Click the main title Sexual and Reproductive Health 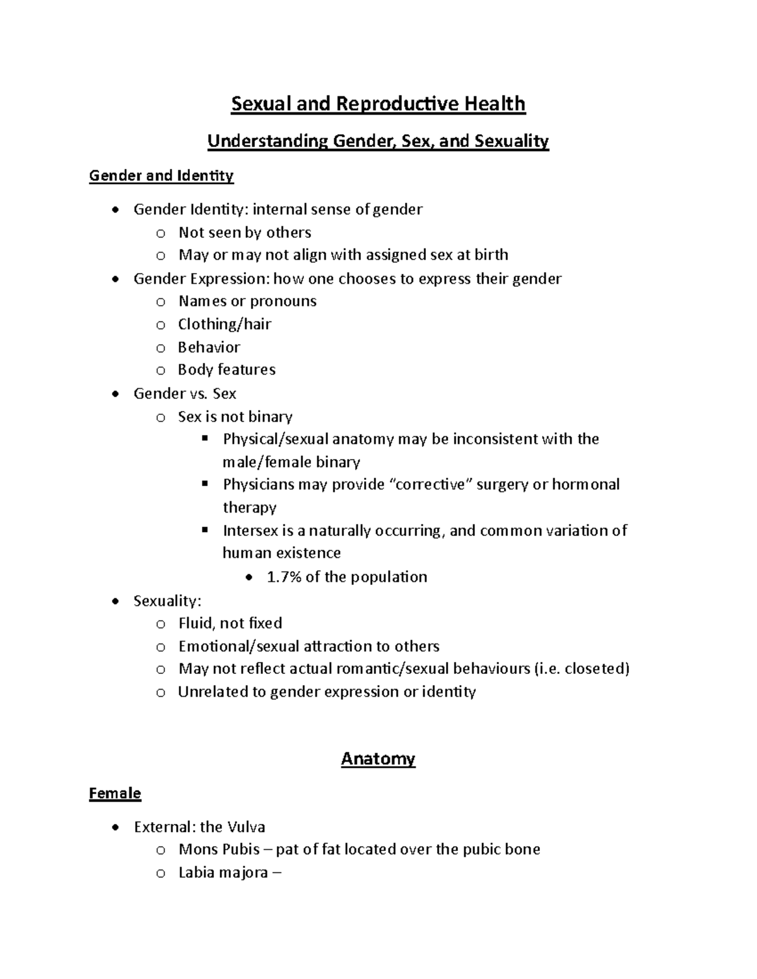(378, 103)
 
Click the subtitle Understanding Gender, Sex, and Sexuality (378, 141)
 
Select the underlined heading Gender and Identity (161, 175)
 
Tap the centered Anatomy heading (378, 758)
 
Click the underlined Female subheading (115, 793)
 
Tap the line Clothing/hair (225, 324)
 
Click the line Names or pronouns (247, 301)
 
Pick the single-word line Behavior (209, 347)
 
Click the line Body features (226, 369)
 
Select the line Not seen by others (245, 233)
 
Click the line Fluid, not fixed (230, 623)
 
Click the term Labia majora (223, 873)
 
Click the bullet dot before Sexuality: (115, 601)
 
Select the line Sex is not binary (235, 417)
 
